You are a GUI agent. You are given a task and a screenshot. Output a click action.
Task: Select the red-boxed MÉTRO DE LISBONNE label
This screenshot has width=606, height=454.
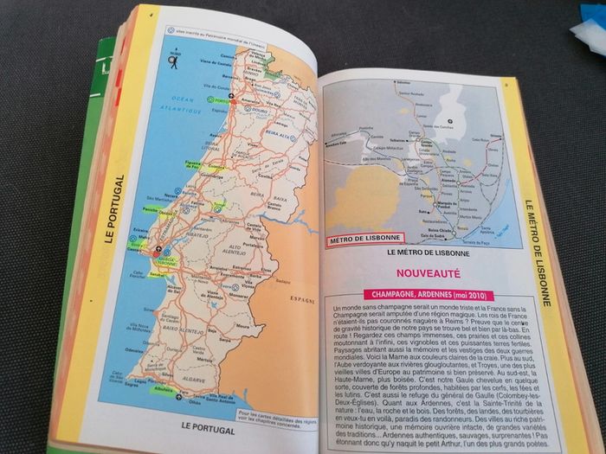point(364,240)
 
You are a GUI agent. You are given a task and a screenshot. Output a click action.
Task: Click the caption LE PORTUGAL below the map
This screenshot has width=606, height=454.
point(210,426)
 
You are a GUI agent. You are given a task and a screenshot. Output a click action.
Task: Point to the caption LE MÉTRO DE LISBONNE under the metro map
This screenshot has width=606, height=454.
point(428,253)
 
